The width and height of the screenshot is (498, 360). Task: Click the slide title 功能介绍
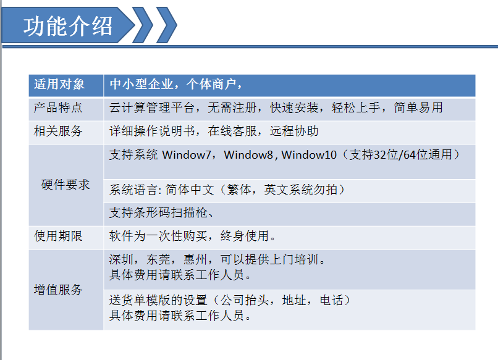pyautogui.click(x=68, y=26)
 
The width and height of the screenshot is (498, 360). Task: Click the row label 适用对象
pyautogui.click(x=59, y=84)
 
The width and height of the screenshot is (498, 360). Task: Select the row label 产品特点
pyautogui.click(x=58, y=107)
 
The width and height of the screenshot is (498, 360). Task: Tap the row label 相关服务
pyautogui.click(x=58, y=131)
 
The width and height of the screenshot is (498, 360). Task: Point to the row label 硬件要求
pyautogui.click(x=65, y=185)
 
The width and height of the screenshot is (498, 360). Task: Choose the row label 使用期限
pyautogui.click(x=58, y=236)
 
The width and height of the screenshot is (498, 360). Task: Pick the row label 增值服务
pyautogui.click(x=58, y=290)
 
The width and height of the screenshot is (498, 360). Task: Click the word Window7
pyautogui.click(x=187, y=154)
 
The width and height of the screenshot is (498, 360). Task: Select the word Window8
pyautogui.click(x=248, y=154)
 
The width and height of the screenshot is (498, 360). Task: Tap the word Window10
pyautogui.click(x=309, y=154)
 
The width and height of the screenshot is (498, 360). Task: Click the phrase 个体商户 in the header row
pyautogui.click(x=211, y=84)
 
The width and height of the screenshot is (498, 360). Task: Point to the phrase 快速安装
pyautogui.click(x=294, y=107)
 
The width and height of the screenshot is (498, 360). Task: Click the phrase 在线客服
pyautogui.click(x=232, y=131)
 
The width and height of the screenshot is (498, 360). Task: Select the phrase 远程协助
pyautogui.click(x=294, y=131)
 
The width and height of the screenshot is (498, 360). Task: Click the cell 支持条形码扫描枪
pyautogui.click(x=158, y=212)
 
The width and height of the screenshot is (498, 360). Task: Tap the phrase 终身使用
pyautogui.click(x=245, y=236)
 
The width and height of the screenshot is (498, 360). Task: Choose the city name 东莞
pyautogui.click(x=158, y=259)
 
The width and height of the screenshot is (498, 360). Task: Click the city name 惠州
pyautogui.click(x=195, y=259)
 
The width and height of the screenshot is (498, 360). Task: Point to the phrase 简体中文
pyautogui.click(x=190, y=190)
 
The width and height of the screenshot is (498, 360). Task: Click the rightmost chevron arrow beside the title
pyautogui.click(x=167, y=25)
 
